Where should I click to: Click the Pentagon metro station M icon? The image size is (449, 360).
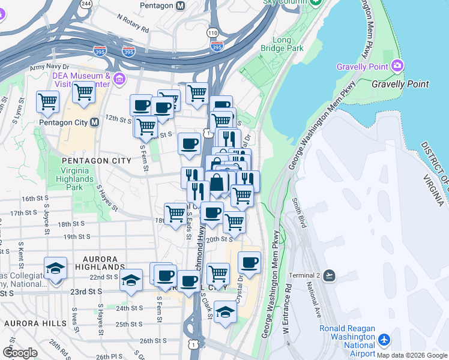(179, 5)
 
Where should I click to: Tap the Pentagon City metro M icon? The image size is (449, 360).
(94, 122)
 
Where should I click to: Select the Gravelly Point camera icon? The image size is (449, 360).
(397, 65)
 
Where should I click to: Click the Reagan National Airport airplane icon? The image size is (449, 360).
(384, 340)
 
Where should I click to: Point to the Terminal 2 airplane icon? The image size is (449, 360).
(328, 275)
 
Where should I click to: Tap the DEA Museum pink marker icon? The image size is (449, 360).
(119, 79)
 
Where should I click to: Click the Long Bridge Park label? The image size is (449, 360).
(282, 44)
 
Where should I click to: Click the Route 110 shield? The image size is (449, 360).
(213, 32)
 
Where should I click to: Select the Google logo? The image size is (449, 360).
(20, 352)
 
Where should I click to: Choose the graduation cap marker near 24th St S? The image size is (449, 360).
(225, 312)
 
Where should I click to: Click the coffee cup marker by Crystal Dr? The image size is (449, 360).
(249, 262)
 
